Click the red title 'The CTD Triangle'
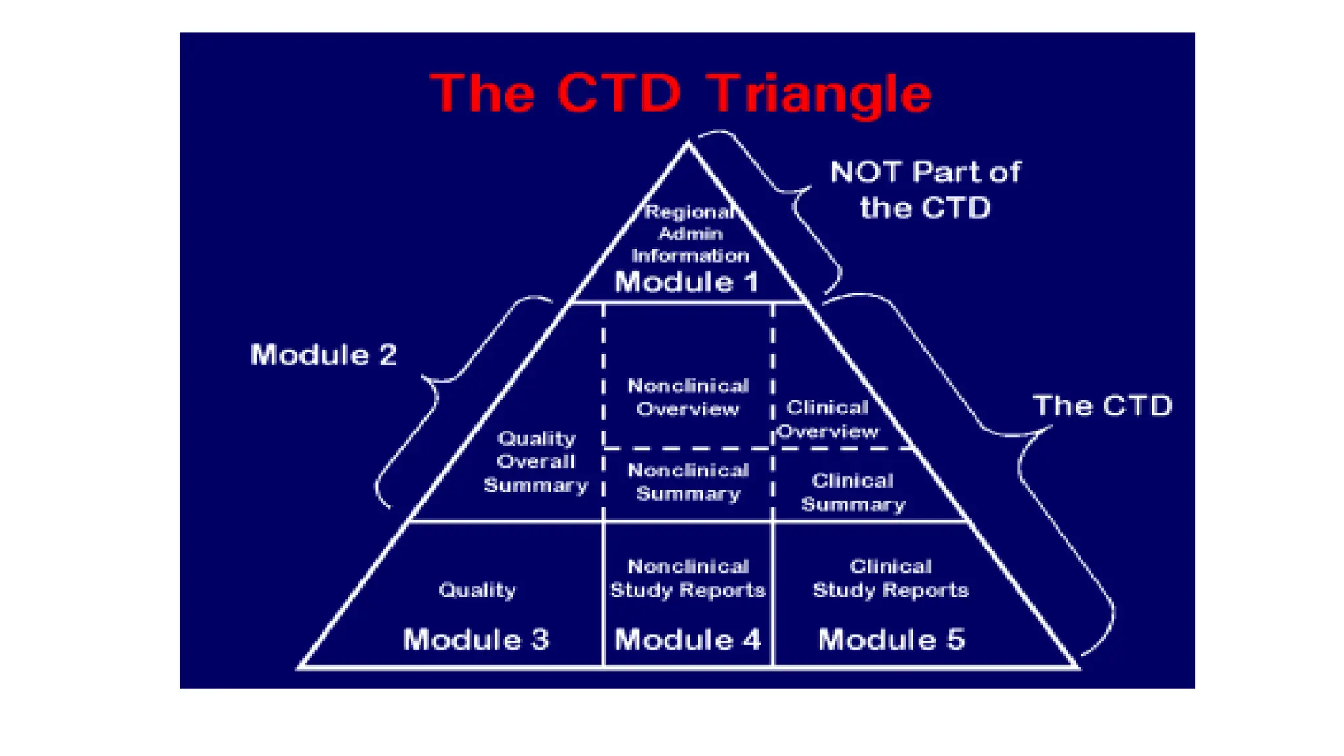[x=681, y=94]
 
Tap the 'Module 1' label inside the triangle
[x=686, y=282]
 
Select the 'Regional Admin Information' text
[x=690, y=234]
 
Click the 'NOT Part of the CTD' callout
[x=925, y=190]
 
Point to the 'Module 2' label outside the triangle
[x=324, y=355]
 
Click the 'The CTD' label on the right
[x=1102, y=406]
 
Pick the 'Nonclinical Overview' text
[x=688, y=397]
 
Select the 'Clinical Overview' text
[x=828, y=419]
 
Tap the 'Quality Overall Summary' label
[x=536, y=461]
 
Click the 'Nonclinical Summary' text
[x=688, y=482]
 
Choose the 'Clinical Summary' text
[x=852, y=492]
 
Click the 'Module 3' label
[x=476, y=639]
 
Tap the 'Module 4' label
[x=688, y=639]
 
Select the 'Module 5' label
[x=891, y=639]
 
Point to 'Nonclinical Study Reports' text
[x=688, y=578]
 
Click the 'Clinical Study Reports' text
[x=891, y=578]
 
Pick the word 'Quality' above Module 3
[x=477, y=590]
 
